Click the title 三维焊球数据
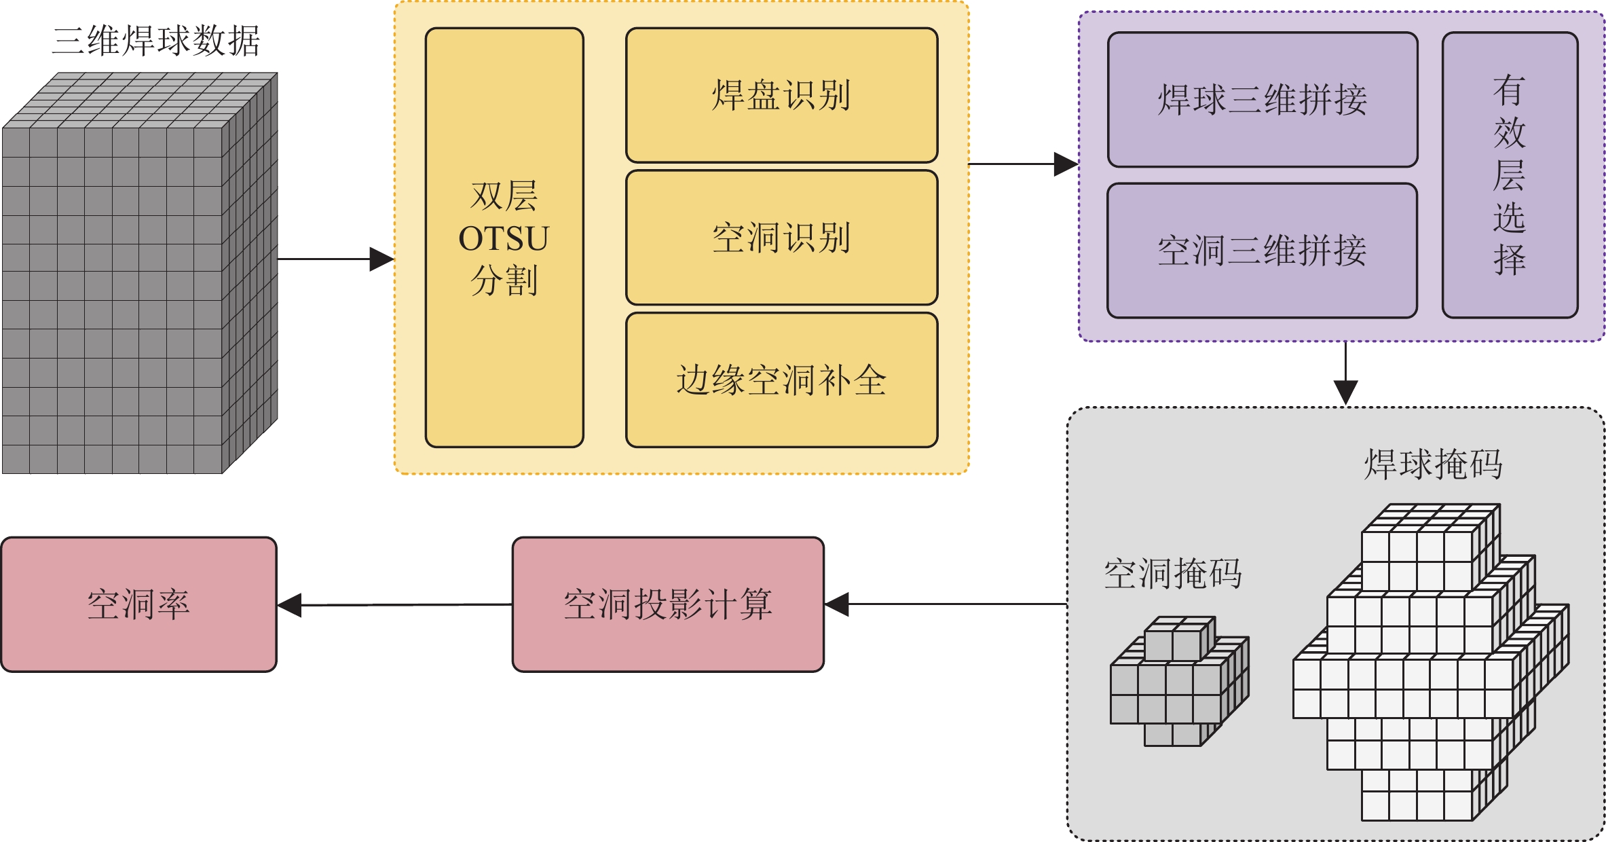click(156, 41)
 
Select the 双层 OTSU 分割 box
click(504, 238)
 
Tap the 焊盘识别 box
click(781, 95)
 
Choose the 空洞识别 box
click(781, 238)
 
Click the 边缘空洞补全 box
click(781, 380)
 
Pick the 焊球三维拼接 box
click(1262, 100)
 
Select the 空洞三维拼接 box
click(1262, 251)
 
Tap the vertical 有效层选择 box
click(1509, 175)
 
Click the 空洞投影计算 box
click(668, 604)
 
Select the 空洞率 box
click(138, 604)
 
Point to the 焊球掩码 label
click(1433, 465)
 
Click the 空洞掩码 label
click(1173, 574)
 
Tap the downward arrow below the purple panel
click(1345, 373)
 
